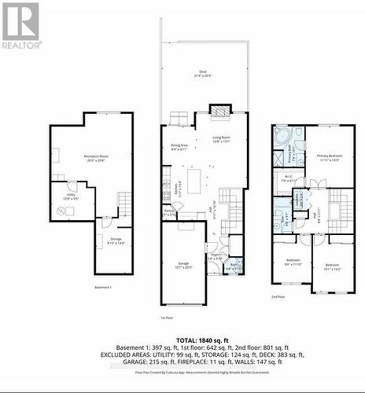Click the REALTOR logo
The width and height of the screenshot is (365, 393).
coord(20,25)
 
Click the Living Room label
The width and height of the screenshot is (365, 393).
coord(223,140)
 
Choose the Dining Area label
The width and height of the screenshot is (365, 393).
coord(179,146)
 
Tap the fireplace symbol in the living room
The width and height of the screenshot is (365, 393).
coord(219,110)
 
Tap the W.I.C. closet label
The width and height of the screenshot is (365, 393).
coord(288,179)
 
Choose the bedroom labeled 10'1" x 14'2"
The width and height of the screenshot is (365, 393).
coord(332,265)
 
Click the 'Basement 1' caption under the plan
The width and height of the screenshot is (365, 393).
coord(103,288)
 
